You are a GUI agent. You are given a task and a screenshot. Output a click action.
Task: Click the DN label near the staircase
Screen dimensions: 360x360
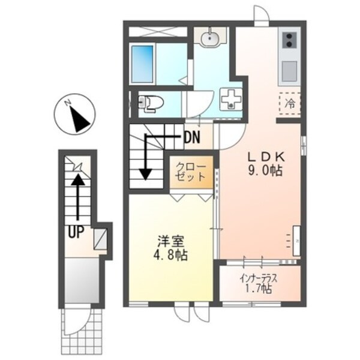[x=193, y=137]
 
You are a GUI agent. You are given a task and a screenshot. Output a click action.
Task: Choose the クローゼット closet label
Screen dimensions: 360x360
[x=191, y=173]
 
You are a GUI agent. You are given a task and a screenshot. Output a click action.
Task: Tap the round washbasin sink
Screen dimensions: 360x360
[x=210, y=39]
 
